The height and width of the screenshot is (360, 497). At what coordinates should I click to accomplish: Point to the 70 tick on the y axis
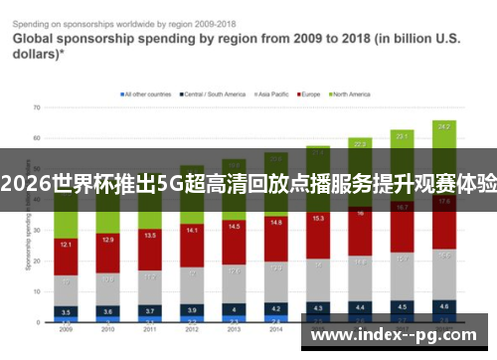point(36,106)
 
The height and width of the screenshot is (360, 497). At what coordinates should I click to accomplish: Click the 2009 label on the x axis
point(65,329)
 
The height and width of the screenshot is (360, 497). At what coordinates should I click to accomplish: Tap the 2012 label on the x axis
point(191,329)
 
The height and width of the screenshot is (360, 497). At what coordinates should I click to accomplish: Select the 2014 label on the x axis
point(275,329)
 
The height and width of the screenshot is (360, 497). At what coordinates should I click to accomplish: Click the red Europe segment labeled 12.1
point(65,244)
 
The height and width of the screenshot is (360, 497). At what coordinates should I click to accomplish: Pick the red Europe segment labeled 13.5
point(149,236)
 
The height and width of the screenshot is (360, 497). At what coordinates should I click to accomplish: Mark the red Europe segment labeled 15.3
point(317,218)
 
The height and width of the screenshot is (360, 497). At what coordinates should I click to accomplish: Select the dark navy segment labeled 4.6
point(443,306)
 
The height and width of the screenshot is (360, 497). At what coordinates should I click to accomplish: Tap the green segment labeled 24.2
point(443,127)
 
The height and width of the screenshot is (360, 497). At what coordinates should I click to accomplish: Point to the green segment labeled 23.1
point(402,134)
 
